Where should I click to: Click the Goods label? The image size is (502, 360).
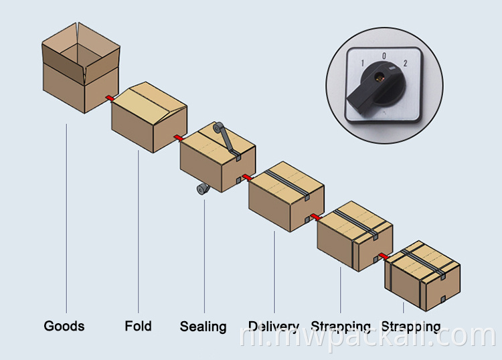(64, 326)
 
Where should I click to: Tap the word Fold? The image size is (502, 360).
(138, 326)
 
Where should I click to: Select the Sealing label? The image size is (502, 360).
(203, 327)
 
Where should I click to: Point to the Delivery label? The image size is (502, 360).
(273, 327)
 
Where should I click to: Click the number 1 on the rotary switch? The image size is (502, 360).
(362, 64)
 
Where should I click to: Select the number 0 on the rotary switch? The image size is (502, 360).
(384, 56)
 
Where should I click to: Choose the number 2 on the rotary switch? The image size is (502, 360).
(405, 64)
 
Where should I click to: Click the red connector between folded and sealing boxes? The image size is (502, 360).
(178, 138)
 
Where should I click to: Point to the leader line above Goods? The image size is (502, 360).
(66, 214)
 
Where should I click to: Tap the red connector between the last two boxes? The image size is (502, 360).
(384, 256)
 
